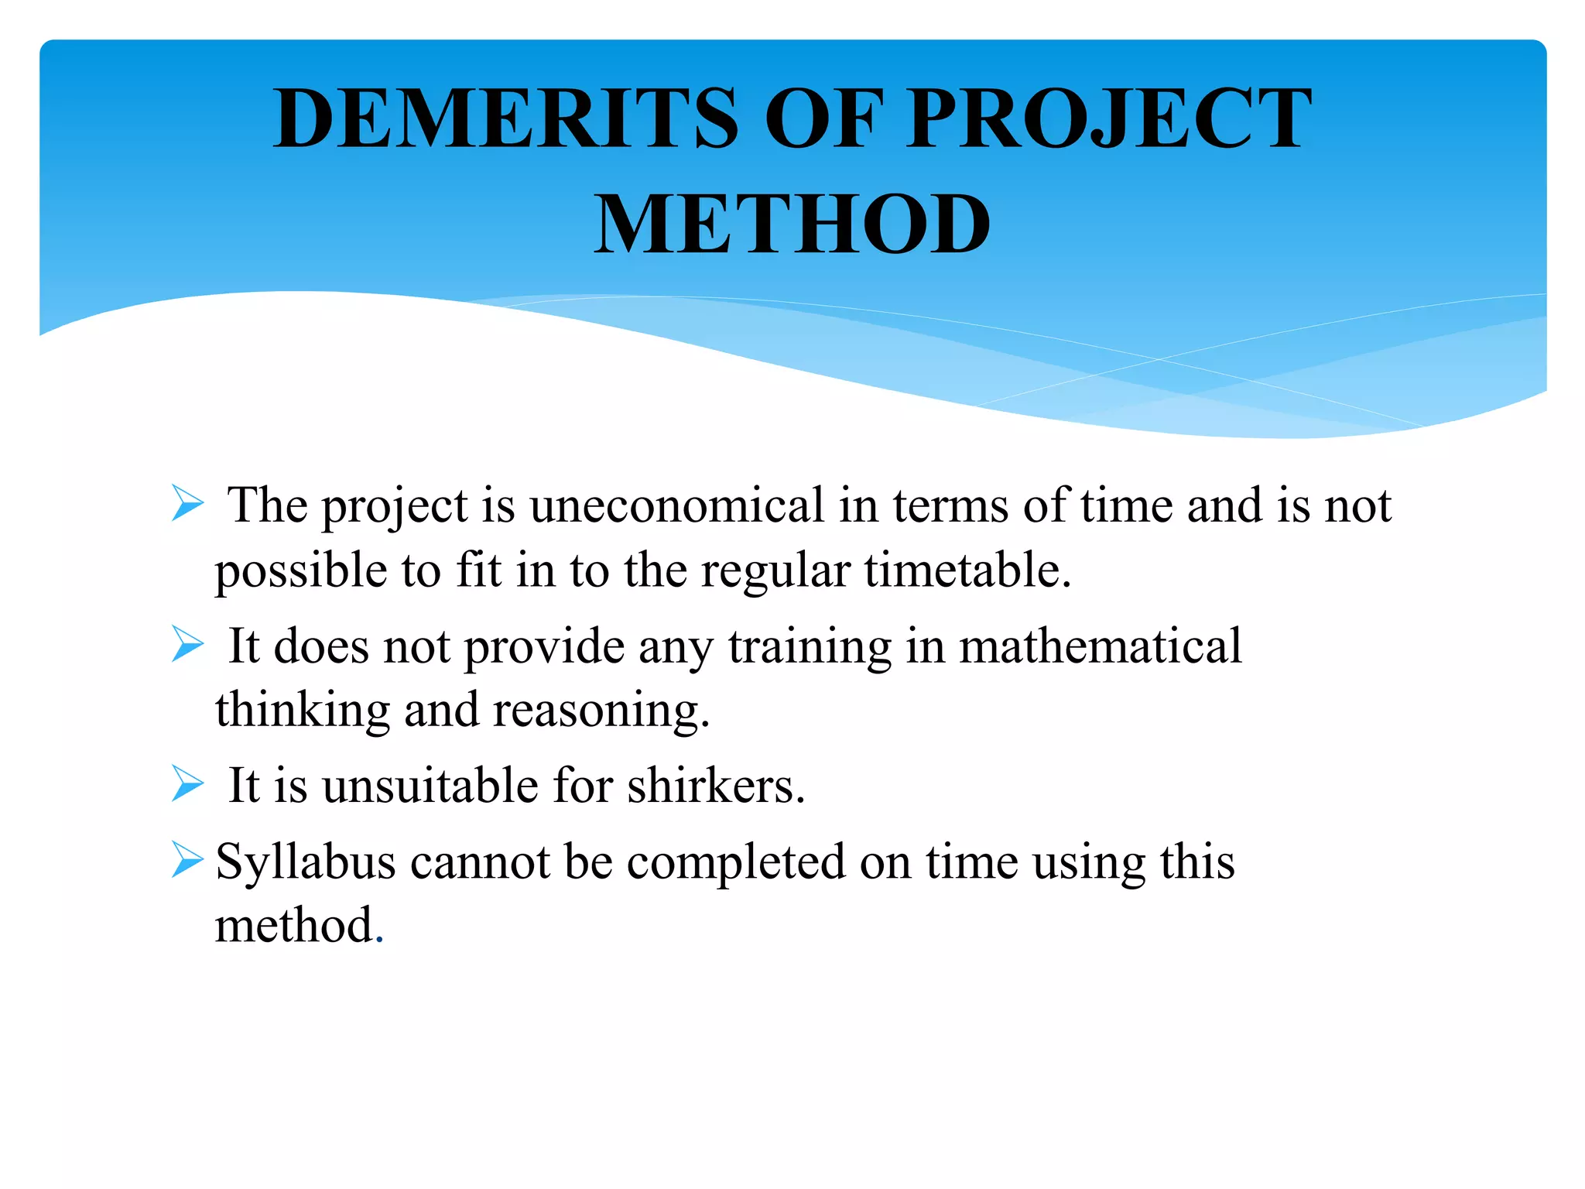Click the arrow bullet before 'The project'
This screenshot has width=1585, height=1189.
click(x=187, y=504)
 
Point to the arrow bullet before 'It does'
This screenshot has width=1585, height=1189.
click(x=187, y=645)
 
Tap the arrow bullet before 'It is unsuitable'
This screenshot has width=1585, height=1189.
click(x=187, y=783)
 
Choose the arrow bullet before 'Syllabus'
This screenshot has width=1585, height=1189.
click(x=187, y=860)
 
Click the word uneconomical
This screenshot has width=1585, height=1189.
click(x=677, y=505)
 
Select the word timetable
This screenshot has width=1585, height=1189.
click(x=967, y=570)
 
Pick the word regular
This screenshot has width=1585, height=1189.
click(x=775, y=571)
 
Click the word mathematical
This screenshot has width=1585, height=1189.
click(x=1100, y=646)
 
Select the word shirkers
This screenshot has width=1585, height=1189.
click(x=716, y=786)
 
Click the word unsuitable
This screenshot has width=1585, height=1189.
click(x=430, y=786)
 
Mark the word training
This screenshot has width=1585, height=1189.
click(x=810, y=647)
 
